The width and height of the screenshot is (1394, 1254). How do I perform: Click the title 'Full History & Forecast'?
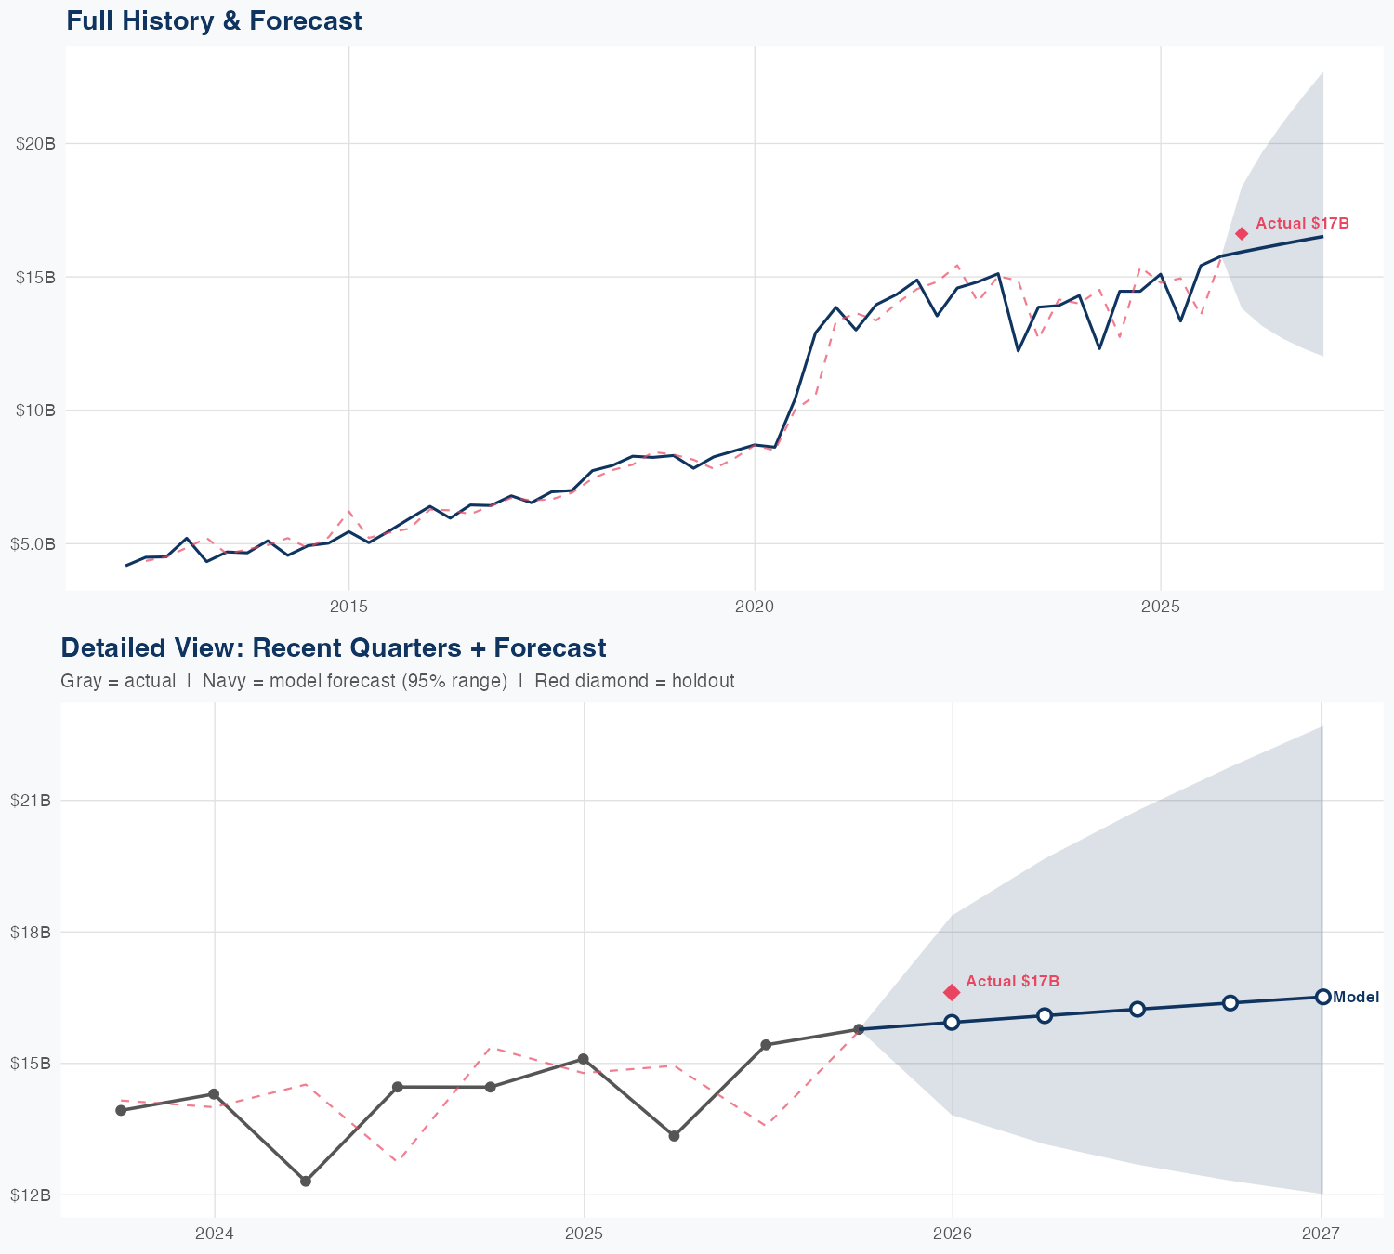(214, 20)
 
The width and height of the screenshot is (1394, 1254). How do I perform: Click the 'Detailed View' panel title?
(333, 647)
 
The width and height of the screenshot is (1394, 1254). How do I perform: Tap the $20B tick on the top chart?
(34, 144)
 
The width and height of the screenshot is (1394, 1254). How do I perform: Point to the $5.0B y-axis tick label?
(33, 543)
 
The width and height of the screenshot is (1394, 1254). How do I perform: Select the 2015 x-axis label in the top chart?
(349, 607)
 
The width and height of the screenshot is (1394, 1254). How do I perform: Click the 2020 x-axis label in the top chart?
(755, 607)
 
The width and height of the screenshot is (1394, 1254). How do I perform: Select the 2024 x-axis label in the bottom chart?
(215, 1234)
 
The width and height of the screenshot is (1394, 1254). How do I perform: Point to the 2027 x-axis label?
(1321, 1234)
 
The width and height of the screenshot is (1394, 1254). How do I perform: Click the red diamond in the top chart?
(1242, 233)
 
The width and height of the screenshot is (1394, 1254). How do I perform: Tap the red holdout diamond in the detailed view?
(952, 993)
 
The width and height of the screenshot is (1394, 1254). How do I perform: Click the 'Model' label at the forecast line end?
(1356, 998)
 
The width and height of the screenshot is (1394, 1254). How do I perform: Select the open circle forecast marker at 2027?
(1322, 997)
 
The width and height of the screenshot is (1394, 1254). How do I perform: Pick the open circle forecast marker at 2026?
(952, 1022)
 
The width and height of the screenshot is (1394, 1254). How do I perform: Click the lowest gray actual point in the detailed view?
(306, 1181)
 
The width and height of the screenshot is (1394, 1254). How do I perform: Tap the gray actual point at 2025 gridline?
(584, 1059)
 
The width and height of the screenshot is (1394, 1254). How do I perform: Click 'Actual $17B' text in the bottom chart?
(1012, 981)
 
